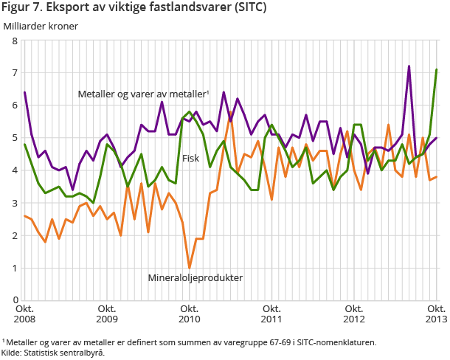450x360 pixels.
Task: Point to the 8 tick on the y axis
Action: tap(14, 41)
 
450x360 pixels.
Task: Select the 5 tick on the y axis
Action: tap(14, 138)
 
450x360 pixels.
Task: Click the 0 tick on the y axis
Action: tap(14, 300)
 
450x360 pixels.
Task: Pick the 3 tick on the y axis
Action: tap(14, 203)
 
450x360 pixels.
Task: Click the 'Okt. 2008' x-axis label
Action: tap(24, 314)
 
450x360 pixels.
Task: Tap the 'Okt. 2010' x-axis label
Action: tap(190, 314)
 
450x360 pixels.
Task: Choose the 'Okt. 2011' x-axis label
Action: tap(272, 314)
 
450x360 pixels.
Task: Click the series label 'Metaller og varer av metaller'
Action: tap(143, 94)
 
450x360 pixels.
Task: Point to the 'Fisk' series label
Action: tap(191, 158)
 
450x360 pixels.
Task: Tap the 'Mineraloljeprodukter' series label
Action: tap(195, 278)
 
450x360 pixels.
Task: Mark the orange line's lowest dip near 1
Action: tap(190, 268)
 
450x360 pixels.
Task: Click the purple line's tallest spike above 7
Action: tap(409, 66)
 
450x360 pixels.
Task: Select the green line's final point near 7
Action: tap(437, 70)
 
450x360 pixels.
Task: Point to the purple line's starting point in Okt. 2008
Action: tap(25, 92)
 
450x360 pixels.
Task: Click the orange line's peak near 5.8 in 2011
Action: tap(231, 112)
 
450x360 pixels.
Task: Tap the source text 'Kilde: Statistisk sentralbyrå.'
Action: tap(53, 353)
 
